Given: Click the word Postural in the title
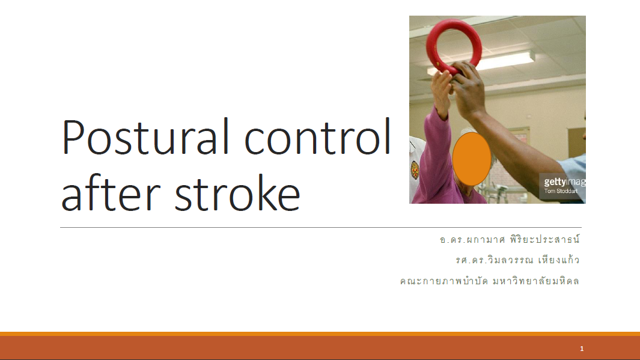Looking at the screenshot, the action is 145,137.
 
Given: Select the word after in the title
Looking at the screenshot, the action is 111,192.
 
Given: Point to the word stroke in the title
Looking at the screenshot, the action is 237,192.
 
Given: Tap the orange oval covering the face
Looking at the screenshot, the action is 471,159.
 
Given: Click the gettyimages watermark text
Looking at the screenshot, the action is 564,182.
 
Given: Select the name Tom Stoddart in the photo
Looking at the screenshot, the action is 561,191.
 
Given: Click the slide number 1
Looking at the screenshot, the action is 582,349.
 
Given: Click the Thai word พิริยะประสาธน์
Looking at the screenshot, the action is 544,239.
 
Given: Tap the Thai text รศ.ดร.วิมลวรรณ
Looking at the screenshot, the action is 495,260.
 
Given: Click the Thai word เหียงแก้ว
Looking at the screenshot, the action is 559,260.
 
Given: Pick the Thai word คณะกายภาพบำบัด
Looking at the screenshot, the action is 444,281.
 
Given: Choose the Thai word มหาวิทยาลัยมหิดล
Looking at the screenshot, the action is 536,281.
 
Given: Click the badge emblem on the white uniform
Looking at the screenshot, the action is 415,170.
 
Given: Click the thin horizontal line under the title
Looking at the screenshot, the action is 321,227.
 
